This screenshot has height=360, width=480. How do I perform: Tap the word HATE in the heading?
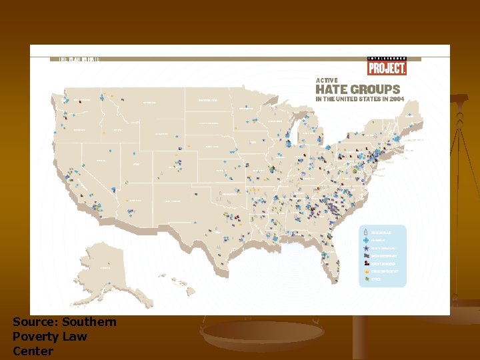[x=332, y=89]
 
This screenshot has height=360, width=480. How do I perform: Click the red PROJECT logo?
[x=387, y=67]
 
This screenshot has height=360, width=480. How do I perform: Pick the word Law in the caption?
[x=75, y=337]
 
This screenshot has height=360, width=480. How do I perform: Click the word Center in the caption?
[x=33, y=351]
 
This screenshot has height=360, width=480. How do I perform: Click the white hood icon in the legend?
[x=367, y=231]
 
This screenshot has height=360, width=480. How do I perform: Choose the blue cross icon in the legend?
[x=367, y=239]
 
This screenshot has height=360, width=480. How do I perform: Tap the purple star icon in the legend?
[x=367, y=247]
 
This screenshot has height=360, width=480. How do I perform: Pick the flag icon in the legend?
[x=367, y=255]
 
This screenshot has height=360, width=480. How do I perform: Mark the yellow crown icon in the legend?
[x=367, y=271]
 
